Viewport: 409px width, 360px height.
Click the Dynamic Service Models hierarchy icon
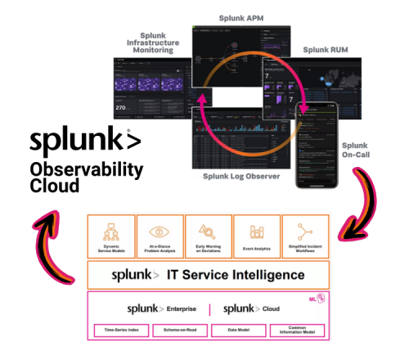111,230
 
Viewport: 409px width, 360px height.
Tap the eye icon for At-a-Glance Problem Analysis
160,230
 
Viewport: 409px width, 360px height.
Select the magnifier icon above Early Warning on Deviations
208,230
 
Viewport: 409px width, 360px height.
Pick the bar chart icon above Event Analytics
256,230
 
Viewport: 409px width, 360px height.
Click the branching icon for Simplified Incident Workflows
304,230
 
